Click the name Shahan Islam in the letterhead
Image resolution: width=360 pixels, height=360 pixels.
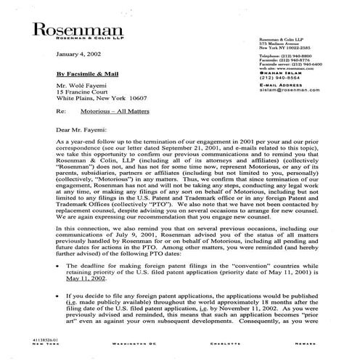coord(277,81)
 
